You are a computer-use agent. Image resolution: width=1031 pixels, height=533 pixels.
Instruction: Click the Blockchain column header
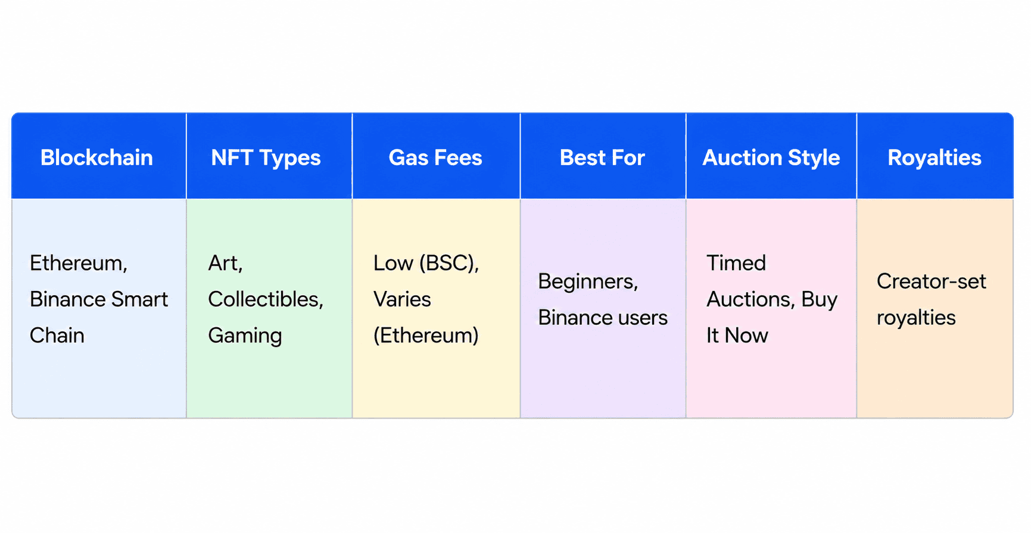click(96, 157)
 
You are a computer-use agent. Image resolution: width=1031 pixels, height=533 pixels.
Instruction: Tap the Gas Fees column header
click(435, 157)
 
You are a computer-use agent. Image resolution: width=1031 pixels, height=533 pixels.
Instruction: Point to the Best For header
click(602, 157)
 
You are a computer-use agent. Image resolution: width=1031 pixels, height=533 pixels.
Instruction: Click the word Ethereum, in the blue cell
click(79, 263)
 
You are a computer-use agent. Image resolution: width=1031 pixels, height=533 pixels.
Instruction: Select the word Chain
click(57, 335)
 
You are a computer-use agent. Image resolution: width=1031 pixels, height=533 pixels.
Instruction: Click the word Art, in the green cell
click(225, 263)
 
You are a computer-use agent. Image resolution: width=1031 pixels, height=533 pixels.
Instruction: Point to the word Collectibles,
click(266, 299)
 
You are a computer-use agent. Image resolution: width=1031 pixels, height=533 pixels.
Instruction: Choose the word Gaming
click(245, 336)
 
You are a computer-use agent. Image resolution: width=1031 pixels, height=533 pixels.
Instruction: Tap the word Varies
click(402, 299)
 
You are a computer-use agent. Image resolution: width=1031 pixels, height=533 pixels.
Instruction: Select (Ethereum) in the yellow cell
click(426, 336)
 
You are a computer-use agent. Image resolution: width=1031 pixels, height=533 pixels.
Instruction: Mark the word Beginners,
click(588, 281)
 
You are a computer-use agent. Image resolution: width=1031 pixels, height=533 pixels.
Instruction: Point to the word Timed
click(736, 263)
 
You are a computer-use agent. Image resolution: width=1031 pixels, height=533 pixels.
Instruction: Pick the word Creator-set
click(932, 281)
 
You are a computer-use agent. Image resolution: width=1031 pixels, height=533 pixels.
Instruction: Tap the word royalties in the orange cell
click(916, 318)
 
